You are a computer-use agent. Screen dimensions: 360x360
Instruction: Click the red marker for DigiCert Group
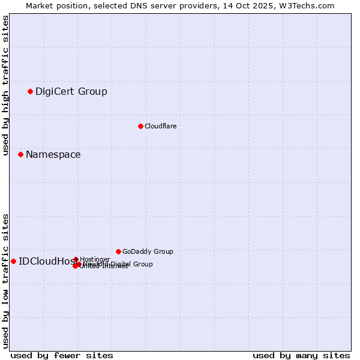coord(30,91)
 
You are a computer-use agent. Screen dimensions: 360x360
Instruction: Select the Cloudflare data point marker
coord(140,126)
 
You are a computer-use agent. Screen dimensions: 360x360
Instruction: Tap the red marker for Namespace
coord(20,154)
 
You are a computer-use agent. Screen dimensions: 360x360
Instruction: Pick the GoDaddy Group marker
coord(118,251)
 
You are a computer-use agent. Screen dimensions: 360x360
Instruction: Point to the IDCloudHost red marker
coord(13,261)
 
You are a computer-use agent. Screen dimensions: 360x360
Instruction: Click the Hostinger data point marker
coord(76,259)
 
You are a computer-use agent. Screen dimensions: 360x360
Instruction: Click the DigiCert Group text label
coord(71,92)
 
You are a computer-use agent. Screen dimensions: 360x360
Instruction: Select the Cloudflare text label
coord(160,126)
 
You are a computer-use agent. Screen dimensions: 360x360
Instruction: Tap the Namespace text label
coord(53,155)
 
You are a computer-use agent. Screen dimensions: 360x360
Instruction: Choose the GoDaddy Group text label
coord(148,251)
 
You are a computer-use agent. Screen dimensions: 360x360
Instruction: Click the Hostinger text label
coord(95,259)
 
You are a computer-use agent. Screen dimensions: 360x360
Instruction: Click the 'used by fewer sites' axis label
coord(62,355)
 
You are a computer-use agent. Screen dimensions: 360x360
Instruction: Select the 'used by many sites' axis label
coord(301,355)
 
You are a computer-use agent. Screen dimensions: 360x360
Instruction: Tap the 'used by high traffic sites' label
coord(6,85)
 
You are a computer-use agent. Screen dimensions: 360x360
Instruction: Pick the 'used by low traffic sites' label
coord(6,280)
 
